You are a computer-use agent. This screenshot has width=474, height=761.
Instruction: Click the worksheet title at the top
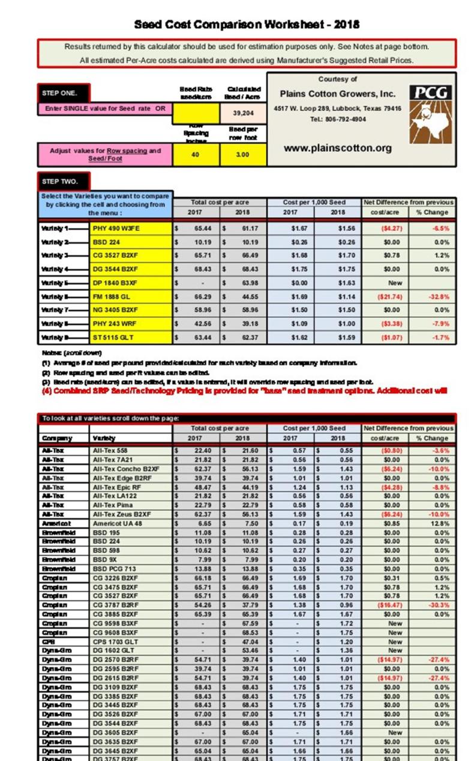[x=247, y=25]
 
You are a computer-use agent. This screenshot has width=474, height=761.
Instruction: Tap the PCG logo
[x=431, y=113]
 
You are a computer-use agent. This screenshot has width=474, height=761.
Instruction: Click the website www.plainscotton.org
[x=337, y=148]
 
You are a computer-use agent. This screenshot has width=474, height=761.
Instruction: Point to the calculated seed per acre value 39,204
[x=243, y=112]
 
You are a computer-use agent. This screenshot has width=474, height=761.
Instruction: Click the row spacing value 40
[x=196, y=155]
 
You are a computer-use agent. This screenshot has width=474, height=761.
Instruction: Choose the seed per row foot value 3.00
[x=243, y=155]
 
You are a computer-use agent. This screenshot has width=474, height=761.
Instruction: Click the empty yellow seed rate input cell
[x=196, y=112]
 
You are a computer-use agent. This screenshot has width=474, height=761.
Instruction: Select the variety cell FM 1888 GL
[x=111, y=296]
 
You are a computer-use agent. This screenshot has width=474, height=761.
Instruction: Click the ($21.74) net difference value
[x=385, y=296]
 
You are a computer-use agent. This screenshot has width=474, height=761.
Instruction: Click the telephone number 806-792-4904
[x=337, y=119]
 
